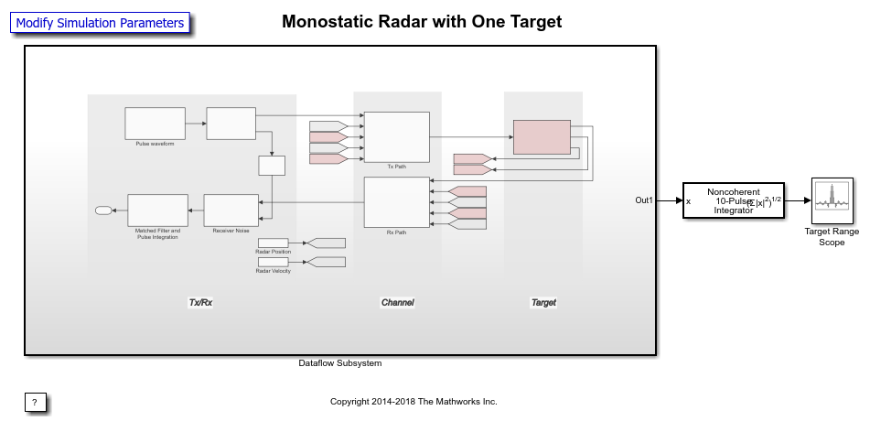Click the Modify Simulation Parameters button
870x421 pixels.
point(100,23)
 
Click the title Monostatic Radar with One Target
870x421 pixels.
point(422,21)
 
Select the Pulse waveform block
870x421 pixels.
point(155,123)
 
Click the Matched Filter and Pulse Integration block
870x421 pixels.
point(157,210)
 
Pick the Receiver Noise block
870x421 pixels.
point(231,210)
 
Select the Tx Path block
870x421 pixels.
point(396,136)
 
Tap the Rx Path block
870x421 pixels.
point(396,202)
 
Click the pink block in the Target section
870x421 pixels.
point(542,136)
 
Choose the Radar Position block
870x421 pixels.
point(273,243)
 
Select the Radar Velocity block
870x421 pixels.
point(273,262)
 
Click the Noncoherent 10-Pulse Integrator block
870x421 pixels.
point(734,200)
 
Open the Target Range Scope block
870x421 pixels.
point(832,200)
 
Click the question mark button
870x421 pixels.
point(35,402)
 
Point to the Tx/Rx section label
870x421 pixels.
point(200,302)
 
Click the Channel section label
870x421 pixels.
point(397,302)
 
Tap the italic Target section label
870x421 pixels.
point(543,302)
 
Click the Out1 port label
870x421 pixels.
point(645,200)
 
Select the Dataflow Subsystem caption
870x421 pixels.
point(339,363)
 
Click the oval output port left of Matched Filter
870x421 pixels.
point(103,210)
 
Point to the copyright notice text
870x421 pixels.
point(414,402)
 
